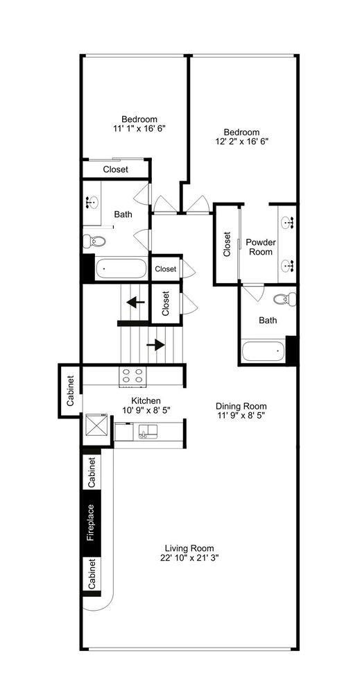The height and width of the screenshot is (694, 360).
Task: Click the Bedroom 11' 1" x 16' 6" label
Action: (139, 124)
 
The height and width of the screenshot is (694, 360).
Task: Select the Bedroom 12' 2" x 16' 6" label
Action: (241, 137)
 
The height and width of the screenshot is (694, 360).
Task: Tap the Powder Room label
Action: (260, 247)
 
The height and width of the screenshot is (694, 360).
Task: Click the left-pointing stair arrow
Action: (135, 302)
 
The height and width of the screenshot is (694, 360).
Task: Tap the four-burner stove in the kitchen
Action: (134, 375)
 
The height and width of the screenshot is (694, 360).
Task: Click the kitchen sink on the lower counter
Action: (144, 434)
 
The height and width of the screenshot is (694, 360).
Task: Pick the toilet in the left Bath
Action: (94, 242)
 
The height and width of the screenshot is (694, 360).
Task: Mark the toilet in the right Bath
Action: (284, 300)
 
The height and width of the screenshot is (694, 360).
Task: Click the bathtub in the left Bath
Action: (121, 269)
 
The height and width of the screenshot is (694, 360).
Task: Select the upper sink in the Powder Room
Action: (288, 222)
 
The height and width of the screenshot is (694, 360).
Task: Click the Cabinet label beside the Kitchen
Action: (70, 391)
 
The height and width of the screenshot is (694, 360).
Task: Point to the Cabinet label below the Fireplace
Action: (92, 574)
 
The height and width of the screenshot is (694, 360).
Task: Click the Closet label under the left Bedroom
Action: (115, 169)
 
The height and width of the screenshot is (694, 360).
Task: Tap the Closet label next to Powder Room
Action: (227, 244)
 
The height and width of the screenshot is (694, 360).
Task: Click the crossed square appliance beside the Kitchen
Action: (96, 424)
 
